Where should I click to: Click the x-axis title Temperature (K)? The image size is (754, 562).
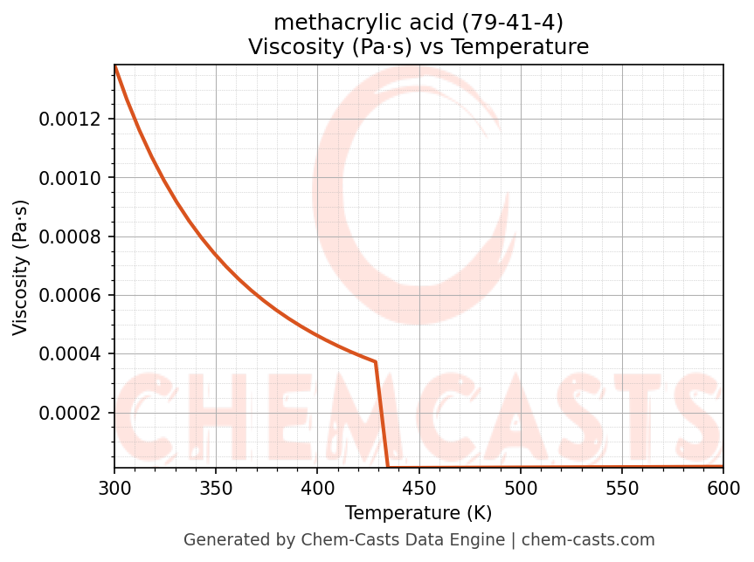[x=419, y=513]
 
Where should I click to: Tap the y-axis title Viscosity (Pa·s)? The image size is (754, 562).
[x=21, y=267]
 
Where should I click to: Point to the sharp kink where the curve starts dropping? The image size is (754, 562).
[x=376, y=361]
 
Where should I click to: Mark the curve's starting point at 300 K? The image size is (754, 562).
[x=115, y=66]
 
